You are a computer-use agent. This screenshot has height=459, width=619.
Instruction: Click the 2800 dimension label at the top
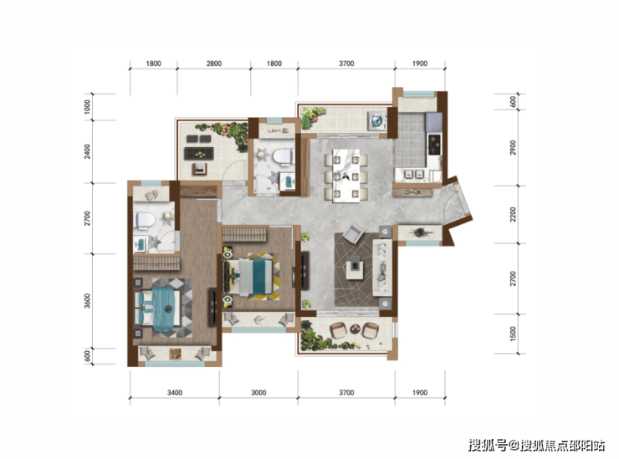pos(214,64)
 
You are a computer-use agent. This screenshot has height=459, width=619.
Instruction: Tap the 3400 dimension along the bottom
pos(175,393)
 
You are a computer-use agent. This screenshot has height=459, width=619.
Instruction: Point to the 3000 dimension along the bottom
pos(258,393)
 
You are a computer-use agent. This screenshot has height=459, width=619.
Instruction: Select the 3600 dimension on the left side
pos(87,301)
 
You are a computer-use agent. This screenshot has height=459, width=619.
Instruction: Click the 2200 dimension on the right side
pos(513,214)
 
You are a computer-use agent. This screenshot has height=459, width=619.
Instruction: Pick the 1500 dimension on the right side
pos(513,334)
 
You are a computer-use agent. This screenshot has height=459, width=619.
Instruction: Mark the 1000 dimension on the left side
pos(87,107)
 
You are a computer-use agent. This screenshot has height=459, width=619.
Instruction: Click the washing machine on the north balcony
pos(377,120)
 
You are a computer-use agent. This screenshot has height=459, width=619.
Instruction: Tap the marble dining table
pos(345,176)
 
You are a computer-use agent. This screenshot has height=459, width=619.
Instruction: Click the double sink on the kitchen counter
pos(414,174)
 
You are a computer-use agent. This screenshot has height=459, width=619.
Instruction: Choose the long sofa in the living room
pos(382,268)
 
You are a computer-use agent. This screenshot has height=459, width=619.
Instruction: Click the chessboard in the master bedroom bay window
pos(176,354)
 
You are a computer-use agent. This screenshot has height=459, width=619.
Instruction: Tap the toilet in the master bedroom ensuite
pos(144,220)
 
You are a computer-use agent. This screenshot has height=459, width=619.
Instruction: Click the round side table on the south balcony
pos(356,329)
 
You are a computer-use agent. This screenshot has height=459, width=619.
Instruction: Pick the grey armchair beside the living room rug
pos(353,233)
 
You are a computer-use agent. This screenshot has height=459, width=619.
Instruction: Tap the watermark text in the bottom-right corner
pos(536,445)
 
